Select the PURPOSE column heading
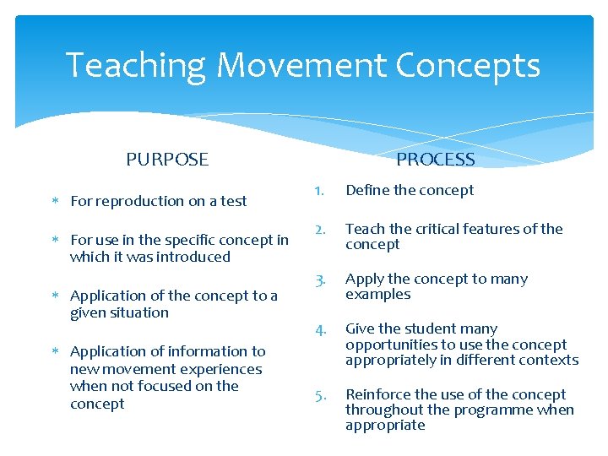click(167, 160)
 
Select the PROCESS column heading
click(435, 160)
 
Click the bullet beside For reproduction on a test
click(55, 202)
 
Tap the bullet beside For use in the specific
click(55, 241)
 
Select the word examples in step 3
click(378, 295)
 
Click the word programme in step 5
click(479, 410)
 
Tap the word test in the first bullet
click(234, 201)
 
